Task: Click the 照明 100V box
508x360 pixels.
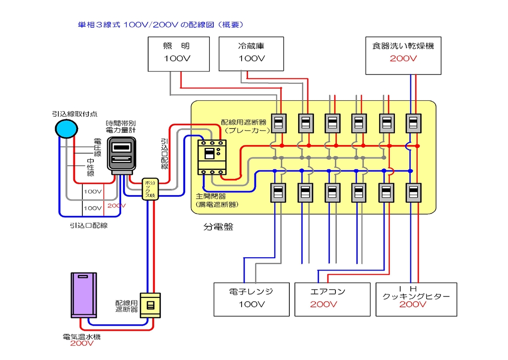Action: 176,53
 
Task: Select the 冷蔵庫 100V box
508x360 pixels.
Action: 251,53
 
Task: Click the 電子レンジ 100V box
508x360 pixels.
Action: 251,299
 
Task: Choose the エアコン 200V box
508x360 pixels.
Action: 332,299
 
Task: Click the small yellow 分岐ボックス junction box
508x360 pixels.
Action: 149,189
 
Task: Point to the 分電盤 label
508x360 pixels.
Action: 218,227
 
